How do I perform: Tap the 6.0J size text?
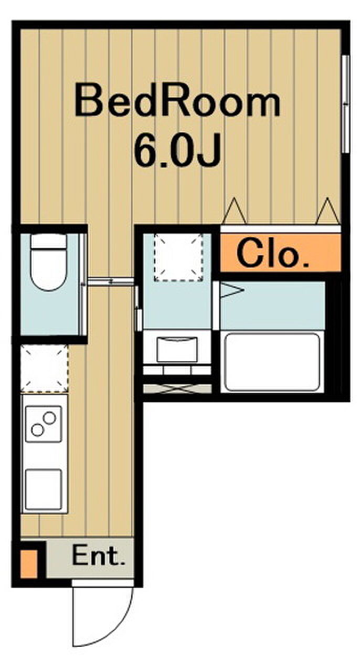click(x=177, y=150)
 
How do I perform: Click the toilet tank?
click(x=49, y=241)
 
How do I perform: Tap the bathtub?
click(x=272, y=362)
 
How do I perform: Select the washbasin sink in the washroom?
click(x=177, y=349)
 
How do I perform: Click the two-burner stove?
click(x=44, y=424)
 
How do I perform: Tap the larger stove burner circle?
click(x=49, y=417)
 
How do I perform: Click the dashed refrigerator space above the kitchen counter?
click(x=45, y=369)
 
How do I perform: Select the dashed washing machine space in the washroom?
click(x=178, y=258)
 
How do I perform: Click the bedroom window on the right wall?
click(x=346, y=104)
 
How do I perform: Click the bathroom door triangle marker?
click(x=232, y=290)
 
